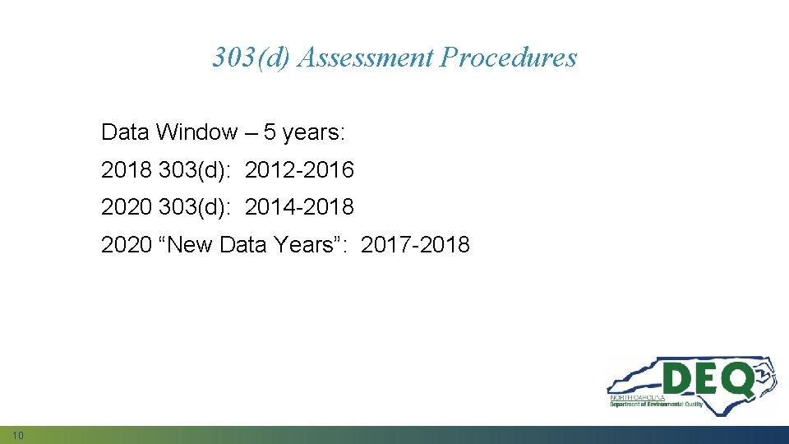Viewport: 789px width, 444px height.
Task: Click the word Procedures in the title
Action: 509,58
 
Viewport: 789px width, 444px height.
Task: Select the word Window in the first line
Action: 196,132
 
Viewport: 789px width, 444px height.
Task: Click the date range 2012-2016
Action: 299,170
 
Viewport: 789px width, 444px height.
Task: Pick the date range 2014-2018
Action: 299,207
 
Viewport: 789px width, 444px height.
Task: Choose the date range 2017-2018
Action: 415,244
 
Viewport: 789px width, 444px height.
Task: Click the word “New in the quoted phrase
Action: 187,244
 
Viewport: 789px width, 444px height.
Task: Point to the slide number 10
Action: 18,434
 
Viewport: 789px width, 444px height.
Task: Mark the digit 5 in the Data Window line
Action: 270,132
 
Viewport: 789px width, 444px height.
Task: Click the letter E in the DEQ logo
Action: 708,380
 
